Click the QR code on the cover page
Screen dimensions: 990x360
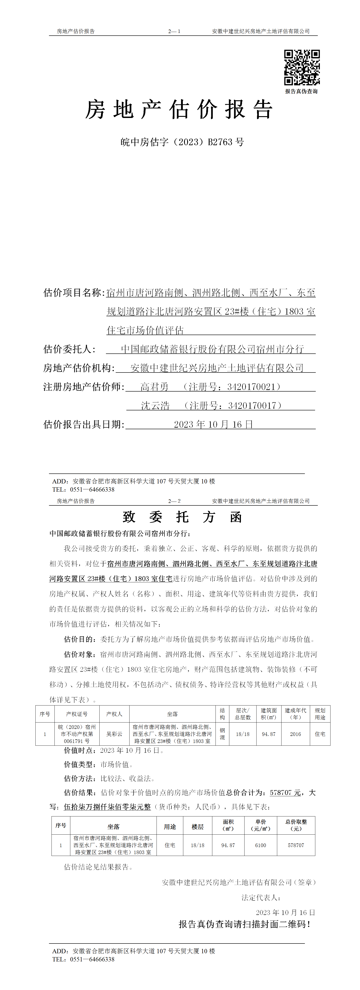click(x=302, y=67)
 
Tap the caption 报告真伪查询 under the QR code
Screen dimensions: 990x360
click(x=301, y=91)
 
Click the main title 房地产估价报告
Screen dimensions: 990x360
click(x=179, y=110)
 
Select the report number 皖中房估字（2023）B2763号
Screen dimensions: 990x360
click(x=182, y=142)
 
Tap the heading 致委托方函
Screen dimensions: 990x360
click(x=182, y=517)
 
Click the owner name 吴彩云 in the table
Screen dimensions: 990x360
click(x=114, y=734)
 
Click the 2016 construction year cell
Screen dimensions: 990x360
click(x=295, y=734)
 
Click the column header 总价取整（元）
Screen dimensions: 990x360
click(x=296, y=825)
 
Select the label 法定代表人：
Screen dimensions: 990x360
click(x=261, y=898)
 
